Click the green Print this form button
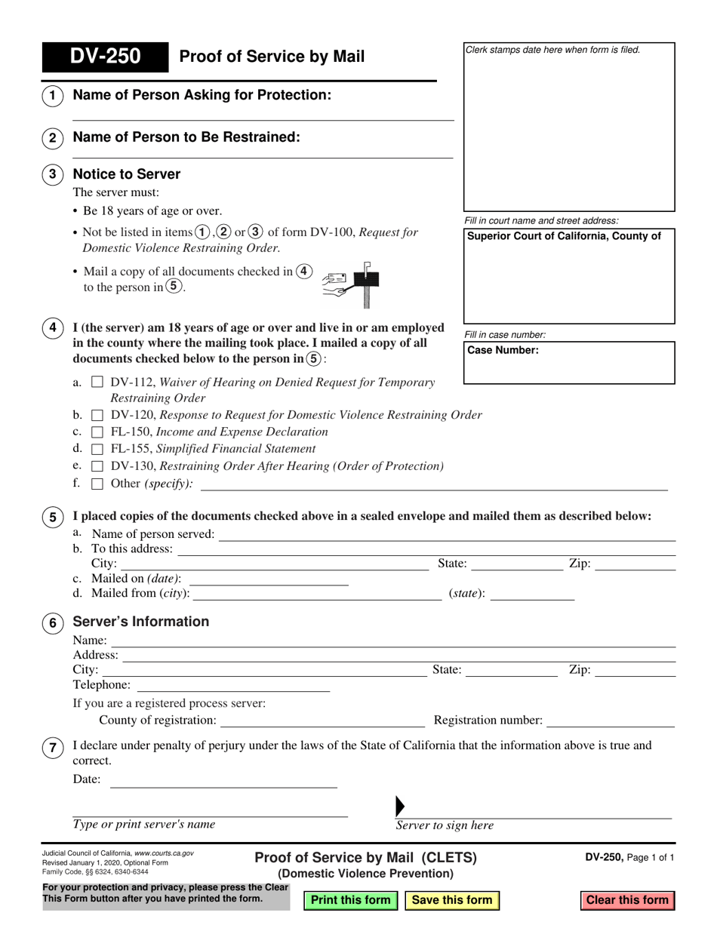350,899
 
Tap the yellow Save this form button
452,899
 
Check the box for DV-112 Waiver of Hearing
97,383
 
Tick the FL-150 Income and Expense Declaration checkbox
97,432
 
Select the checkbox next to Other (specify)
97,484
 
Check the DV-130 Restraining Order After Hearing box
97,466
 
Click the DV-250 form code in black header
105,57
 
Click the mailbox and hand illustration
351,284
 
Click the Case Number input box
569,368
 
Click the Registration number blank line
610,721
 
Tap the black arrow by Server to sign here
400,806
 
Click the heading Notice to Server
126,174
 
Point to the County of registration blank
322,721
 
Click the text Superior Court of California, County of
564,236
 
